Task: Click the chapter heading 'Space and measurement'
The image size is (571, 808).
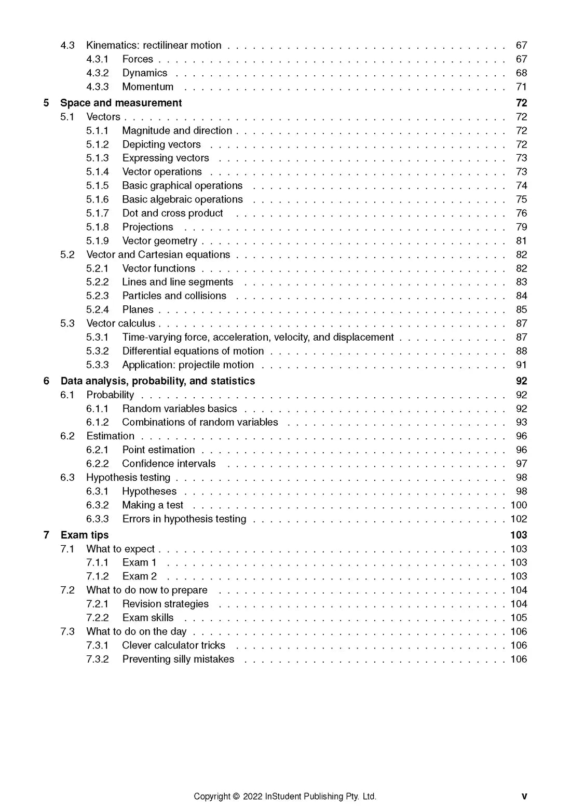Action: [121, 103]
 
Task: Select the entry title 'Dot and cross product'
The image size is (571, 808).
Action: [172, 213]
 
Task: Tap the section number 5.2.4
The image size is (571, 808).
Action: [98, 310]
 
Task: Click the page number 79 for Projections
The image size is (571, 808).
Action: [521, 227]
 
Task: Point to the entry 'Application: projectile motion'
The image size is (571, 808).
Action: [188, 365]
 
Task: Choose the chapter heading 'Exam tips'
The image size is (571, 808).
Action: [85, 535]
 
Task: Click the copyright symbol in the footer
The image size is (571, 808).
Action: [236, 797]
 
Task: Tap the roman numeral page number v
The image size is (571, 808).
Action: [524, 797]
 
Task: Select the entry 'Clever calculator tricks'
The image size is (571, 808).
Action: [174, 645]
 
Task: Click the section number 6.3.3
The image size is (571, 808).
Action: [98, 519]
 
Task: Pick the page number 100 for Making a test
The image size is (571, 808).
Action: [519, 505]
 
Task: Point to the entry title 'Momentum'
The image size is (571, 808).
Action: [148, 87]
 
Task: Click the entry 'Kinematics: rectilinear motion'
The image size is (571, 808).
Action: [154, 46]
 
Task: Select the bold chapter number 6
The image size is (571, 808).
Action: [47, 381]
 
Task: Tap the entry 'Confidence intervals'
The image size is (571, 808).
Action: [169, 464]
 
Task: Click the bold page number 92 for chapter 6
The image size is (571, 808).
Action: [521, 381]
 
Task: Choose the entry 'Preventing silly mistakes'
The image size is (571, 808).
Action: [178, 659]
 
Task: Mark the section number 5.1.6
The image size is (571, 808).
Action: [98, 199]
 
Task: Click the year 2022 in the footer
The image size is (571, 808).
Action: [252, 797]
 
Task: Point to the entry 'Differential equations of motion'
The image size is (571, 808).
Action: [193, 352]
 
